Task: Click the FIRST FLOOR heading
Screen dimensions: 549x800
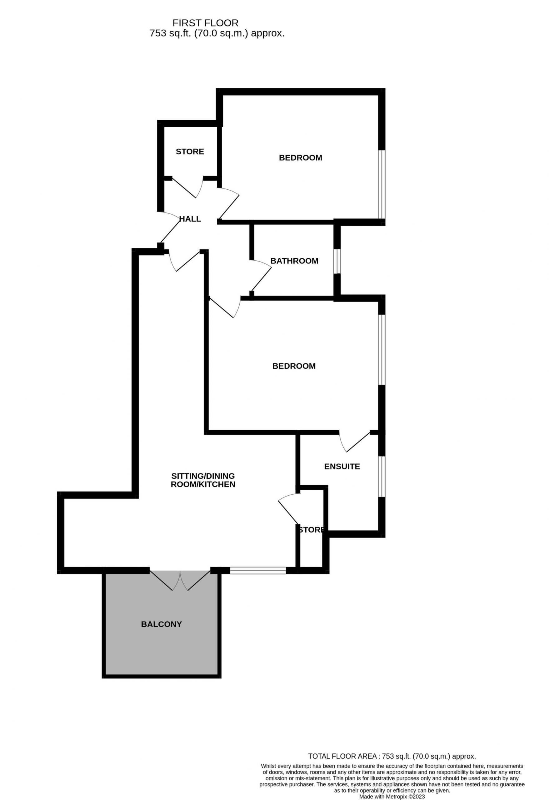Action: point(205,23)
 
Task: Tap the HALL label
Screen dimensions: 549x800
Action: point(190,219)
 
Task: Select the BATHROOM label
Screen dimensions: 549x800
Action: point(294,261)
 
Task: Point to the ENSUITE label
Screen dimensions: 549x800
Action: point(342,467)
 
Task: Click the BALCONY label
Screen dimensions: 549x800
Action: point(162,624)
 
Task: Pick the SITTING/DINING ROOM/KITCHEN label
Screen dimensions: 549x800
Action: point(203,480)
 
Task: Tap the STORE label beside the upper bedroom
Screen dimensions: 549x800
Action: point(190,152)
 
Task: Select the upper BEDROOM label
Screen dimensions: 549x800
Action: point(301,158)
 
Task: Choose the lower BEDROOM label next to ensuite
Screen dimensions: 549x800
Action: point(294,366)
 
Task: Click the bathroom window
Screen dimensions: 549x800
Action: point(337,261)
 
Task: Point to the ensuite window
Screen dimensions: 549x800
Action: point(382,477)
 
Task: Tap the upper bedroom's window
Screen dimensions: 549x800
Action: point(382,184)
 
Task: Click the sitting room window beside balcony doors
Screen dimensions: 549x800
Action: point(258,571)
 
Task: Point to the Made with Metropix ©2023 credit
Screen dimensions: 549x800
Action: point(392,797)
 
